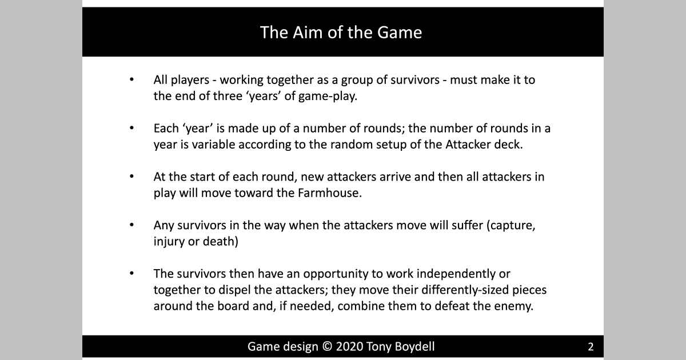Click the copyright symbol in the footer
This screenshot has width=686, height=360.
click(324, 346)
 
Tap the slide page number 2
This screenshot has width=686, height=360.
click(591, 346)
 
